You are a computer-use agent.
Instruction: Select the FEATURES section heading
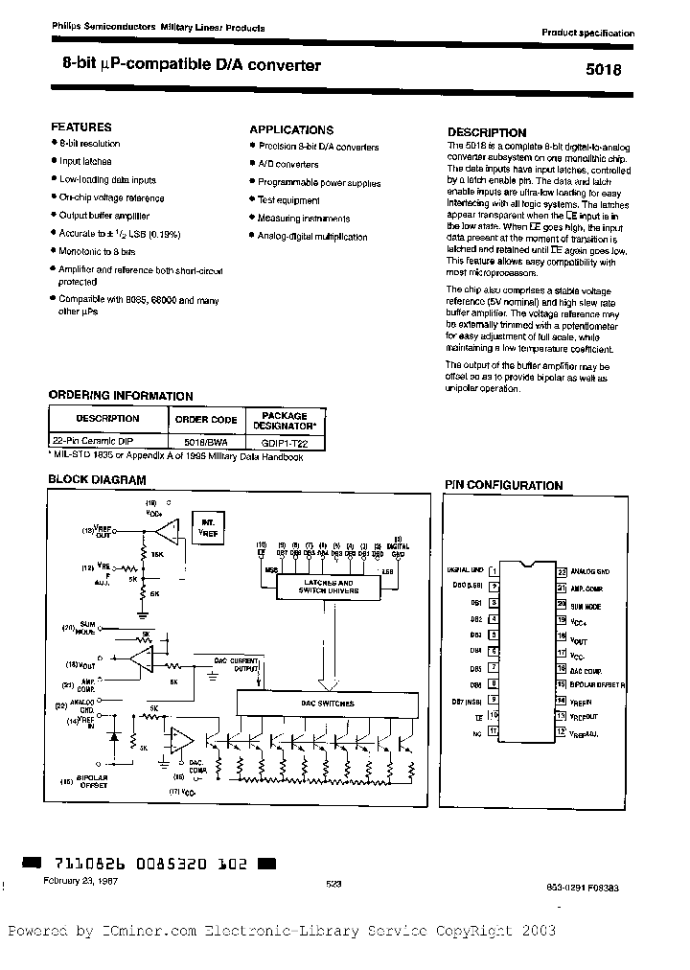(x=80, y=127)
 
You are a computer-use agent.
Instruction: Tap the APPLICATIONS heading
(x=291, y=129)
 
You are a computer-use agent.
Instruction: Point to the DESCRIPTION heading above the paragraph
(x=487, y=132)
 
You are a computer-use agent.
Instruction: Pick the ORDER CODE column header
(x=205, y=419)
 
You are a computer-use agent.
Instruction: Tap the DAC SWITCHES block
(x=329, y=704)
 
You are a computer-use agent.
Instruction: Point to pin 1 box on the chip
(x=494, y=569)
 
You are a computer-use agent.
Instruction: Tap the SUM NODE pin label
(x=586, y=607)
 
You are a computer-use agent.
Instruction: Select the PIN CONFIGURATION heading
(x=502, y=486)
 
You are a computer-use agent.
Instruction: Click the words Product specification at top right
(x=587, y=33)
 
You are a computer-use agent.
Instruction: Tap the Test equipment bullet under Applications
(x=288, y=200)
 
